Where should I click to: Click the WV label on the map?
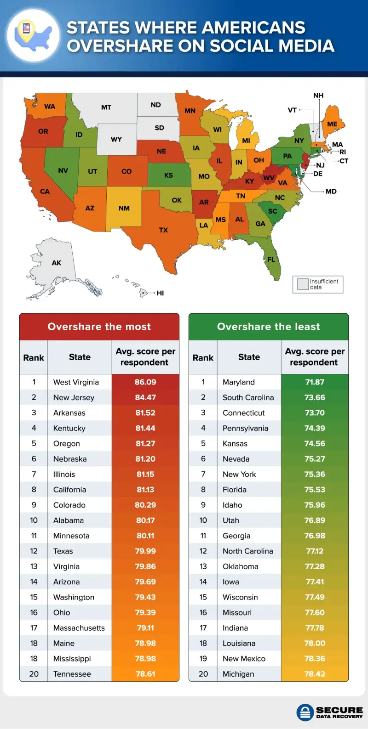pyautogui.click(x=269, y=178)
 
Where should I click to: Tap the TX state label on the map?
pyautogui.click(x=163, y=230)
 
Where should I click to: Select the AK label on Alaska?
pyautogui.click(x=56, y=263)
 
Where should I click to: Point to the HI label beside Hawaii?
pyautogui.click(x=160, y=293)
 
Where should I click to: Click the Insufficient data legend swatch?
pyautogui.click(x=303, y=284)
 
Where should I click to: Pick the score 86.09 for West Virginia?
pyautogui.click(x=145, y=382)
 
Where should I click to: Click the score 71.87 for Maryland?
pyautogui.click(x=315, y=382)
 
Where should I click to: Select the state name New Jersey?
pyautogui.click(x=74, y=397)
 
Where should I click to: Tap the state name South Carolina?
pyautogui.click(x=248, y=397)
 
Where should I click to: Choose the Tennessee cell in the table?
pyautogui.click(x=72, y=674)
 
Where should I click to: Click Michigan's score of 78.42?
pyautogui.click(x=315, y=674)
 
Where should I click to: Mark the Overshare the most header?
pyautogui.click(x=99, y=327)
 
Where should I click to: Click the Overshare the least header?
pyautogui.click(x=269, y=327)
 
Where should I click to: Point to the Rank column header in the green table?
pyautogui.click(x=203, y=357)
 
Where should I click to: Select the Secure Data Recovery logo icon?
pyautogui.click(x=305, y=713)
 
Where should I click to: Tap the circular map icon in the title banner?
pyautogui.click(x=33, y=35)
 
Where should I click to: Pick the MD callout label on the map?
pyautogui.click(x=331, y=192)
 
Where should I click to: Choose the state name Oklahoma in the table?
pyautogui.click(x=240, y=566)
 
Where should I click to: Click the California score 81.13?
pyautogui.click(x=145, y=490)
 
